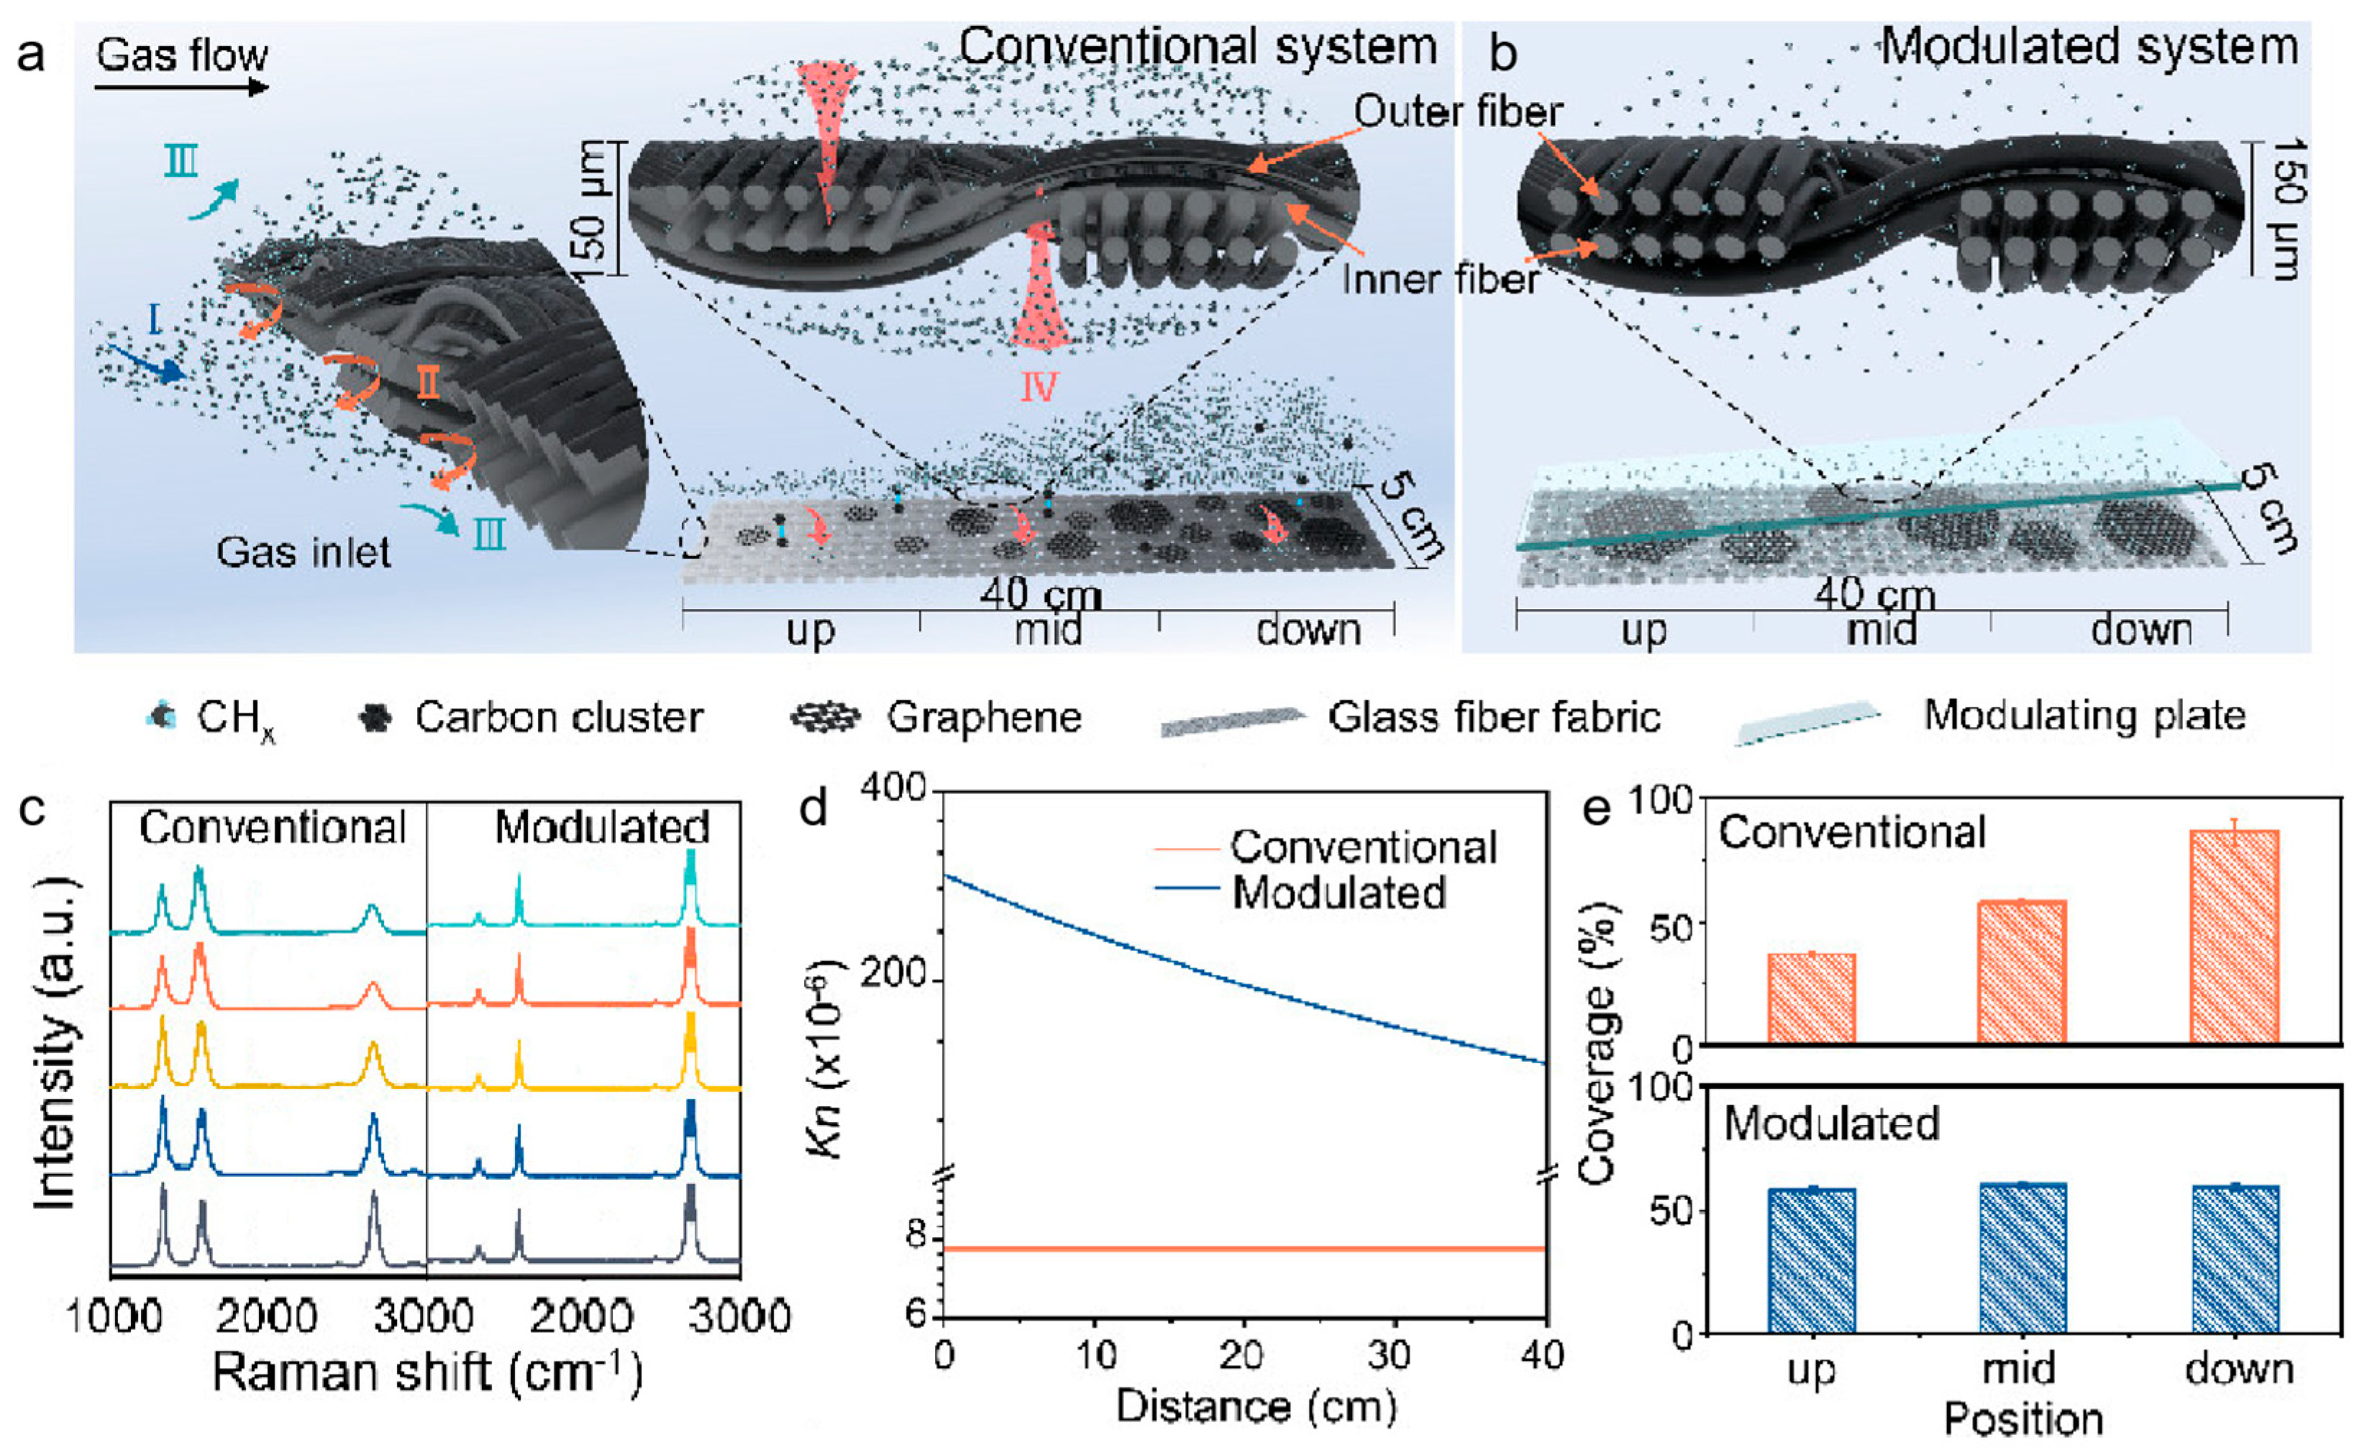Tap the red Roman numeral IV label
tap(1038, 386)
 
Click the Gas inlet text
tap(303, 552)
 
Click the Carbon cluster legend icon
tap(374, 718)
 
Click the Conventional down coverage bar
tap(2234, 937)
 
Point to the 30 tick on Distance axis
tap(1389, 1356)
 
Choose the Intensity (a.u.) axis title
tap(55, 1043)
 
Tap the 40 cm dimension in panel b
tap(1874, 596)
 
